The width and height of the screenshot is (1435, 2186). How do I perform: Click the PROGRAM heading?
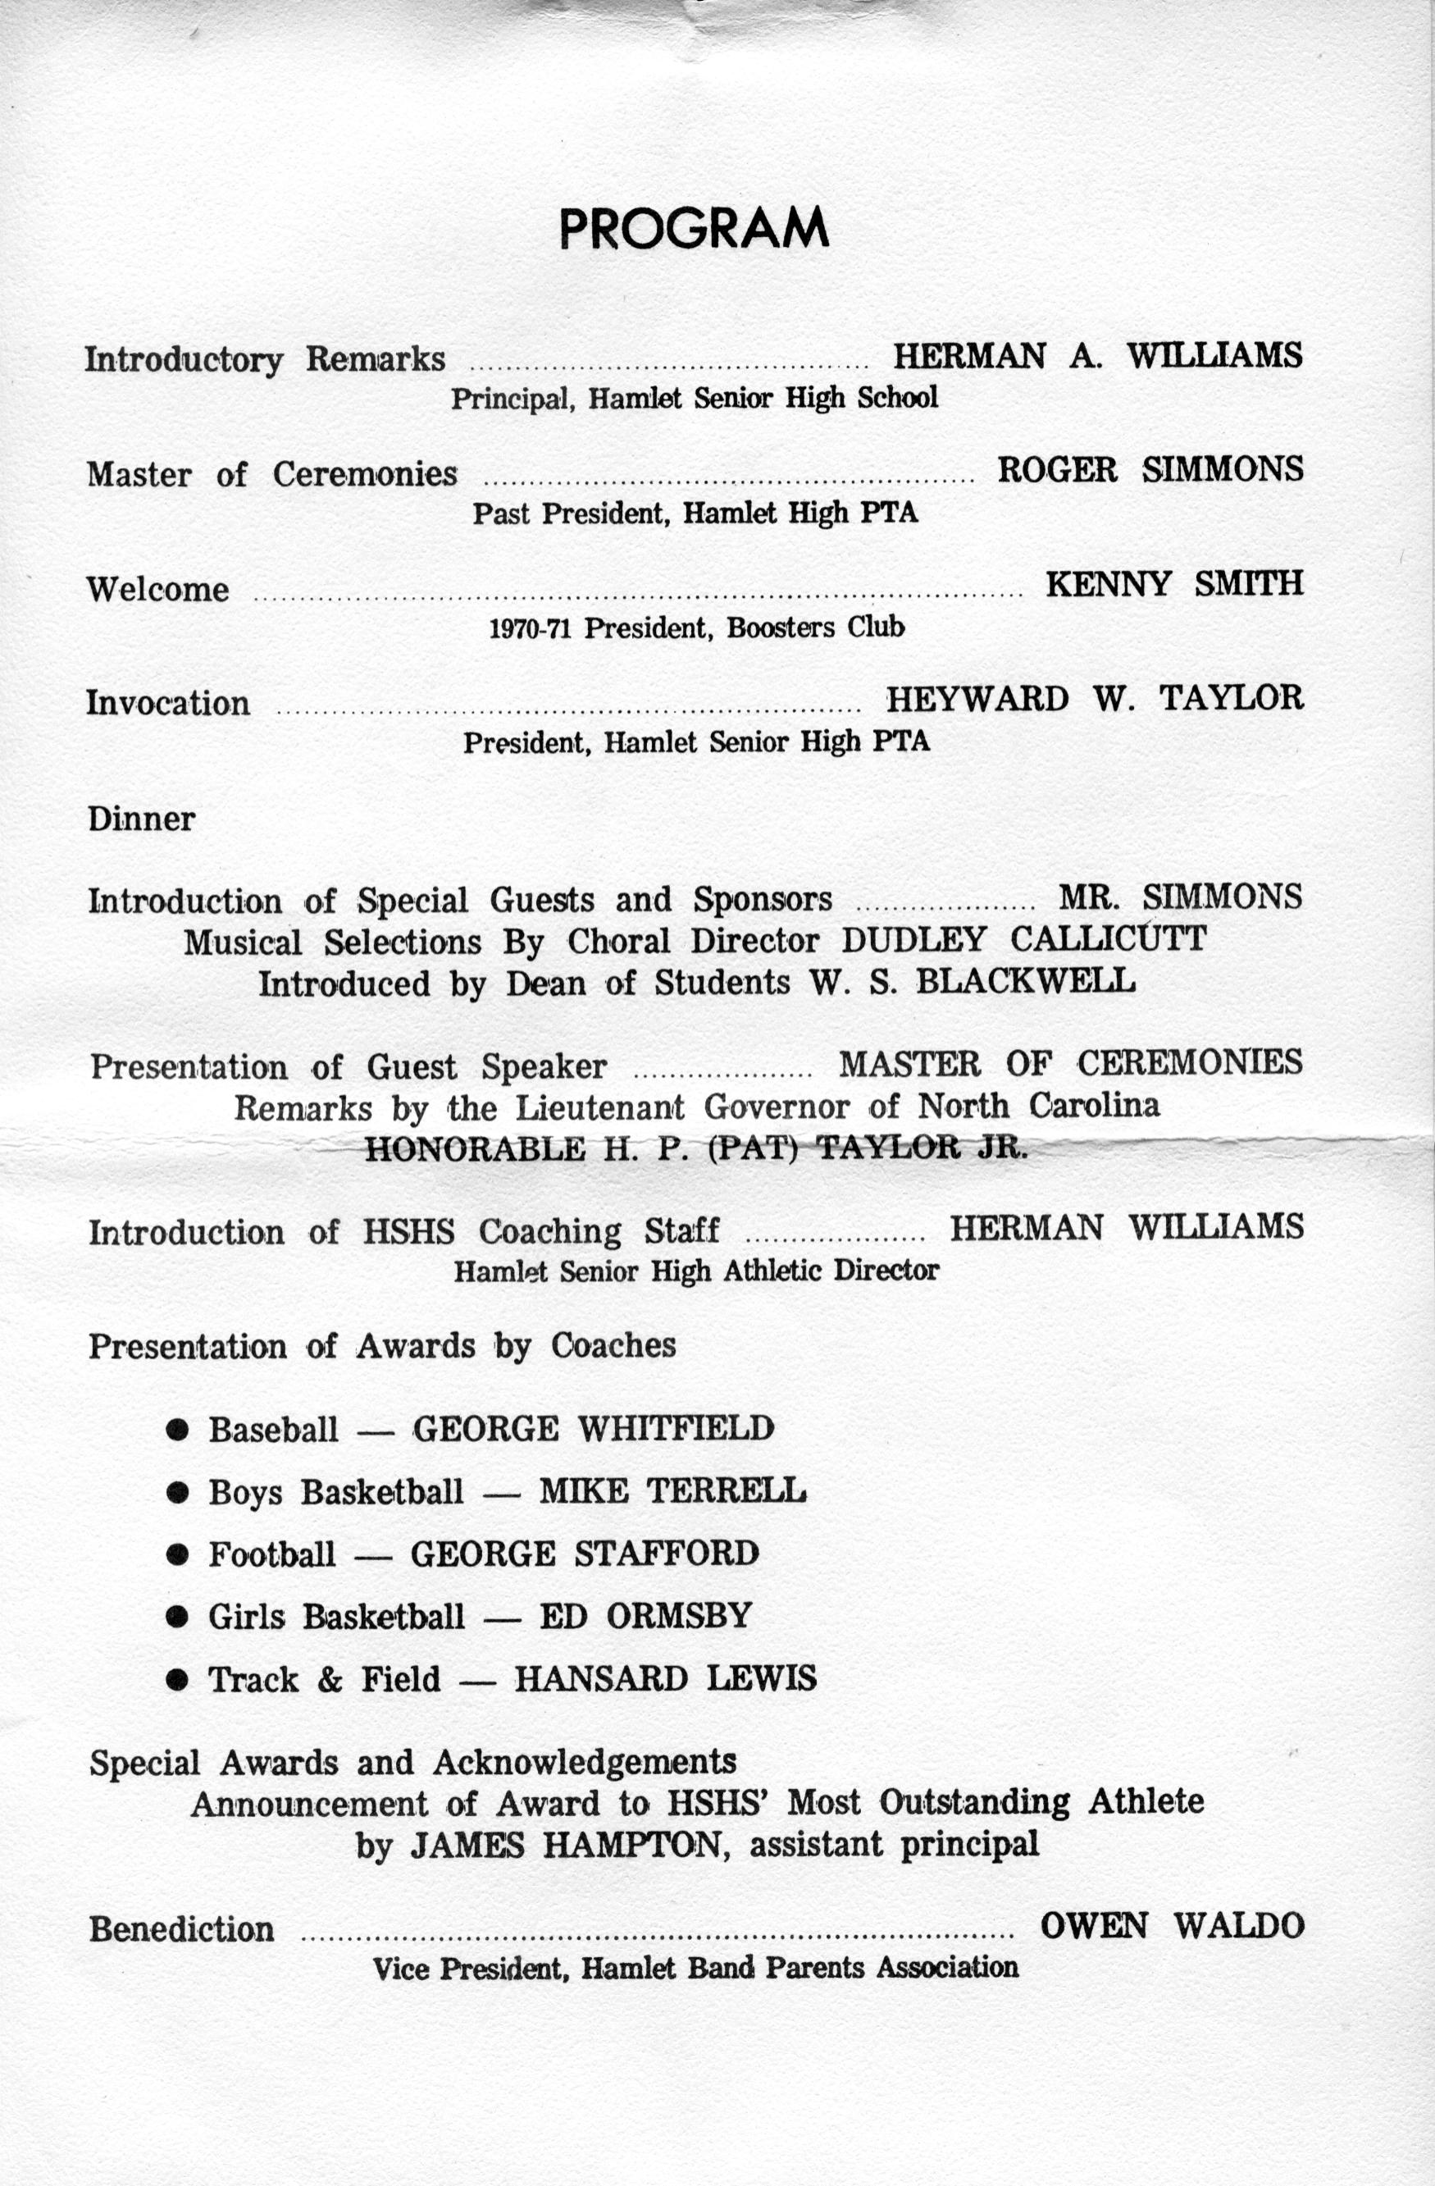pos(694,229)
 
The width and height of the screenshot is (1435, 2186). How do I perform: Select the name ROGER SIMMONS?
pos(1150,470)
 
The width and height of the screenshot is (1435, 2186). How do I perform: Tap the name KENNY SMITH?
pos(1173,584)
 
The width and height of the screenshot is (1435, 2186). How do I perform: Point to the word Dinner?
pos(141,819)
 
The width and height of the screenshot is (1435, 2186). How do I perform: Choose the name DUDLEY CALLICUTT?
pos(1023,940)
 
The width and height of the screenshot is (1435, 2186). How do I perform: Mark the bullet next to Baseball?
pos(177,1430)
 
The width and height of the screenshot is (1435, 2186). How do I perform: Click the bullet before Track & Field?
pos(177,1681)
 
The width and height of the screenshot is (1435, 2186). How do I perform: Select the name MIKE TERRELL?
pos(672,1490)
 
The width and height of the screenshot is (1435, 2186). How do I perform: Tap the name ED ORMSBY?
pos(645,1617)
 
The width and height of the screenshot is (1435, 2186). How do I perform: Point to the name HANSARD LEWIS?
pos(665,1680)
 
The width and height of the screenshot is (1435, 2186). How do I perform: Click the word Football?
pos(271,1554)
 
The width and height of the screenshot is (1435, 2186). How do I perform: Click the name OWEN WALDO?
pos(1172,1926)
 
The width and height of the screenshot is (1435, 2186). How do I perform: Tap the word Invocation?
pos(168,704)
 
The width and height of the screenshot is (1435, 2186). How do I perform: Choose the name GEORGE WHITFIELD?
pos(593,1429)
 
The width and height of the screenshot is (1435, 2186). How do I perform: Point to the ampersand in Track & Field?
pos(330,1681)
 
